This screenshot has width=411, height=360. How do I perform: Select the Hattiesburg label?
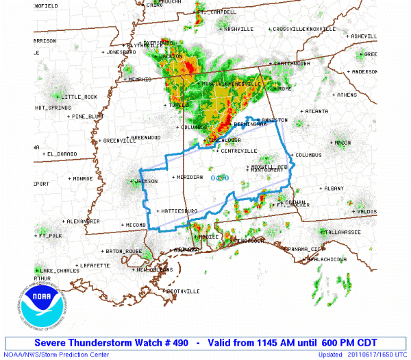(x=180, y=211)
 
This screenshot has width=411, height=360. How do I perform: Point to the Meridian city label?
(x=190, y=177)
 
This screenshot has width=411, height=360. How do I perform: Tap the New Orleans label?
(x=151, y=269)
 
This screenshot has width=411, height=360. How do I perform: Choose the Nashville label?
(x=238, y=29)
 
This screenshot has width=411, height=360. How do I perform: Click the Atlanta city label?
(x=316, y=111)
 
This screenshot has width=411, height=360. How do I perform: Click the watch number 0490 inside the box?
(x=220, y=178)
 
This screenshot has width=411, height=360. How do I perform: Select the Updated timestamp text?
(x=361, y=355)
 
